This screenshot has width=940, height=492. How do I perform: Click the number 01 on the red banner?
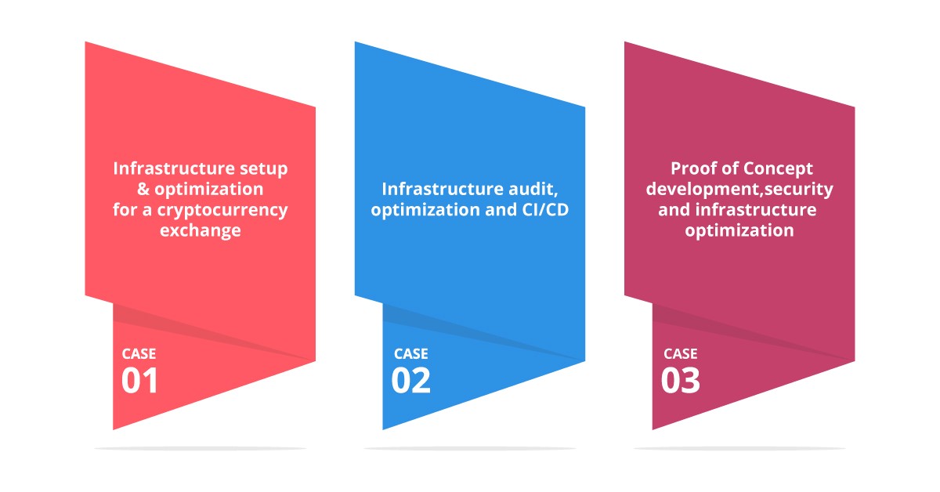click(x=139, y=380)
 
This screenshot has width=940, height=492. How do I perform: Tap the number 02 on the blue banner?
click(x=410, y=380)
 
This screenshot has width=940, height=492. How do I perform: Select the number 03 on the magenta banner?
click(x=680, y=380)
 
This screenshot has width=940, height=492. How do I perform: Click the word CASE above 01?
click(x=139, y=354)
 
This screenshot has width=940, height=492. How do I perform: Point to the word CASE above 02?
click(x=411, y=354)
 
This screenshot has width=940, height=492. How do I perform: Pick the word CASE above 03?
click(x=681, y=354)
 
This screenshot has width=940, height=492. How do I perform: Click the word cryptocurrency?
click(x=222, y=211)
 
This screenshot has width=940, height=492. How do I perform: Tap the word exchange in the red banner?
click(x=201, y=230)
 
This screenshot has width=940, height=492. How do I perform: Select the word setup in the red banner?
click(x=263, y=169)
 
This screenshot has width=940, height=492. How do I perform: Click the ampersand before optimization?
click(x=143, y=190)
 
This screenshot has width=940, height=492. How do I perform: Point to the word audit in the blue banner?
click(x=533, y=190)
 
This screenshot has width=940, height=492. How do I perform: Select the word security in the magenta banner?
click(x=798, y=190)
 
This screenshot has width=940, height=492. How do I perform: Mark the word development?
click(x=703, y=190)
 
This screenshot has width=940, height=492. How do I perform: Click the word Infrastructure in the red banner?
click(x=174, y=168)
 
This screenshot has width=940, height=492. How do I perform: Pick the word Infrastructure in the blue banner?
click(x=443, y=189)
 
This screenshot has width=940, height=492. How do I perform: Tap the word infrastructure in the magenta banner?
click(x=756, y=209)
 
